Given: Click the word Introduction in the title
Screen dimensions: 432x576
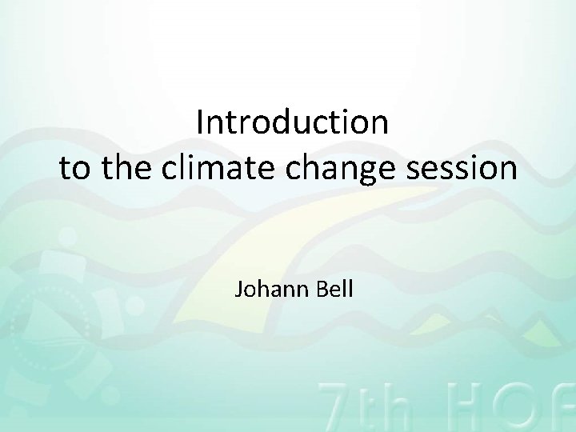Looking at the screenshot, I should click(292, 123).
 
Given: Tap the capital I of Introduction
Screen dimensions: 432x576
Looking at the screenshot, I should click(200, 123).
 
